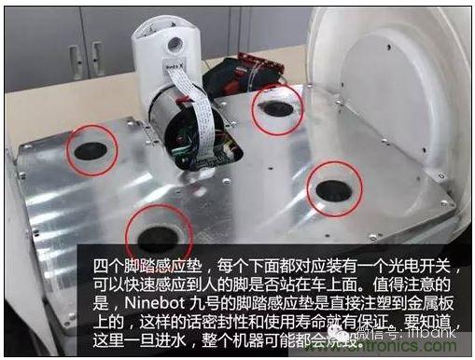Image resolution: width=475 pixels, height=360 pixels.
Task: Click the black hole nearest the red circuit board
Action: [x=278, y=108]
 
